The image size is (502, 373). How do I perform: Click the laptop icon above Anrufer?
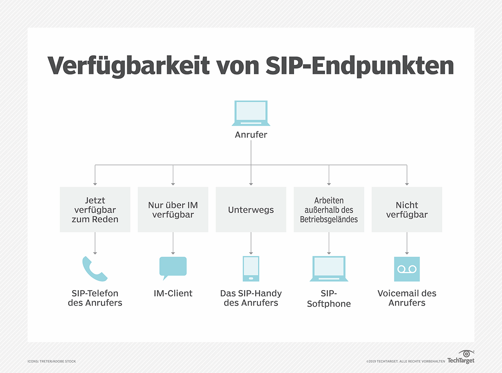tap(251, 113)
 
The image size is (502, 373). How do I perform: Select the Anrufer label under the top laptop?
tap(251, 135)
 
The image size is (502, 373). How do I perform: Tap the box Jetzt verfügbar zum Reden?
tap(95, 210)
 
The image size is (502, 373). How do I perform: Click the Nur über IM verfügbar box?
tap(173, 210)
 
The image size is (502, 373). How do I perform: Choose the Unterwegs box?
tap(251, 210)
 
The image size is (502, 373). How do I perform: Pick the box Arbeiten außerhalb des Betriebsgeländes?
tap(329, 210)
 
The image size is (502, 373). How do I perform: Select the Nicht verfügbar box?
tap(407, 210)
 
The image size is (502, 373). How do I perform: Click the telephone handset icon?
tap(95, 269)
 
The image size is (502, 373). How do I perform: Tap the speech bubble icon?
tap(172, 268)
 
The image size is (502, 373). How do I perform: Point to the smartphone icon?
tap(251, 268)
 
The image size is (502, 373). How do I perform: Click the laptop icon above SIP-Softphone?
tap(329, 269)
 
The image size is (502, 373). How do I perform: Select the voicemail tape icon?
tap(407, 269)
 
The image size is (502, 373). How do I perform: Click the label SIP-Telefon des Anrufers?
tap(95, 298)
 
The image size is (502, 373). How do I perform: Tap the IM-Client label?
tap(173, 293)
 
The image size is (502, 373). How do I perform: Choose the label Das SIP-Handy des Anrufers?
tap(251, 298)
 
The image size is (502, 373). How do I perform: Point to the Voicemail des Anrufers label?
tap(407, 298)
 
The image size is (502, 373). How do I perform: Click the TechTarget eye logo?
tap(466, 354)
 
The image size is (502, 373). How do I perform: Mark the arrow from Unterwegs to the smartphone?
tap(251, 243)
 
